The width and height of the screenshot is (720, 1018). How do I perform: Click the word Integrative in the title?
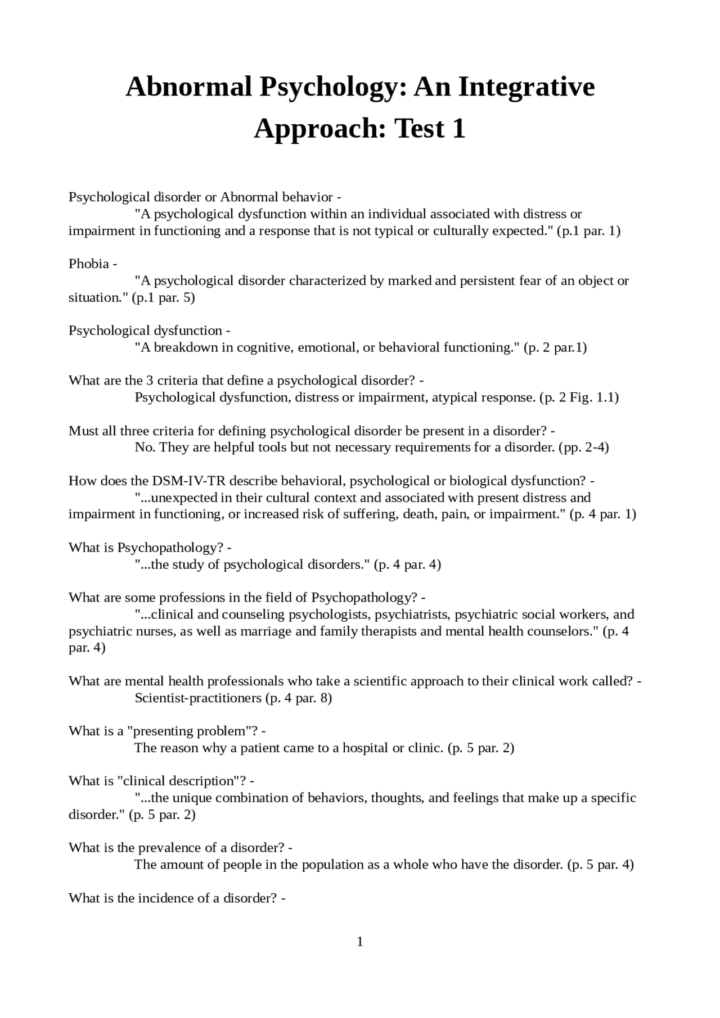click(526, 87)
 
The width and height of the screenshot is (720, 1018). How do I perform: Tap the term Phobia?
click(88, 264)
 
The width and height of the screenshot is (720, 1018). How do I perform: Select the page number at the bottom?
click(360, 942)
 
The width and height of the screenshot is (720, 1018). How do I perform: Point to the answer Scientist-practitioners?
click(198, 698)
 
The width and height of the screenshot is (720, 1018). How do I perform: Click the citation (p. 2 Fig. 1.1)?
click(579, 397)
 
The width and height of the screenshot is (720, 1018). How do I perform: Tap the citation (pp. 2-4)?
click(583, 447)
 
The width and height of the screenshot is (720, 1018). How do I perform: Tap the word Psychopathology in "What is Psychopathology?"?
click(170, 548)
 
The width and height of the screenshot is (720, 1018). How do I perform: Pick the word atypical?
click(455, 397)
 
